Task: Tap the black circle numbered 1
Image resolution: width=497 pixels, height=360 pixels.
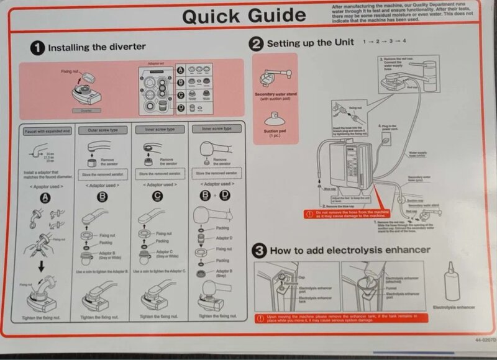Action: pyautogui.click(x=37, y=47)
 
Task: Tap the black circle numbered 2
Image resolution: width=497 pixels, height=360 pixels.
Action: pyautogui.click(x=255, y=43)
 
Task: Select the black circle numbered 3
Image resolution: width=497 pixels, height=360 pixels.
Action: pyautogui.click(x=259, y=251)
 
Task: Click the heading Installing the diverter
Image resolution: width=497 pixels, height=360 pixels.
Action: pyautogui.click(x=97, y=47)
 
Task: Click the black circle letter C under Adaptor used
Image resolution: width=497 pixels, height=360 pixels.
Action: pyautogui.click(x=158, y=198)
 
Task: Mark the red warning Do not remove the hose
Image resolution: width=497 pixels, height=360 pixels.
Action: pyautogui.click(x=360, y=214)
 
